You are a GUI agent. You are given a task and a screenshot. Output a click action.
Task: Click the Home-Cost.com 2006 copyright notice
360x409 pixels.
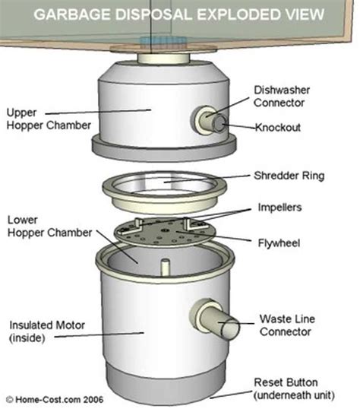(x=53, y=398)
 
